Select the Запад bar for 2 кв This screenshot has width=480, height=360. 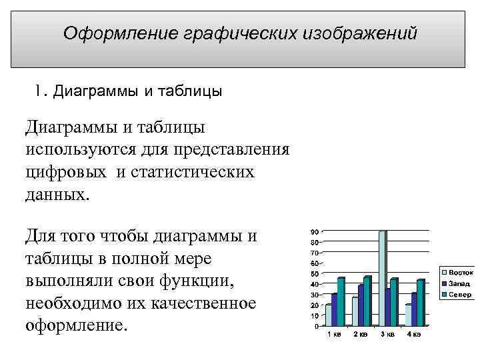coord(361,305)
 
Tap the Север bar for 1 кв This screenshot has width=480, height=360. coord(341,301)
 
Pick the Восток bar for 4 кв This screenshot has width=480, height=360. coord(409,315)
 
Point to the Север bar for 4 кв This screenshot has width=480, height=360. coord(421,303)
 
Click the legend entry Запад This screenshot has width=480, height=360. coord(459,283)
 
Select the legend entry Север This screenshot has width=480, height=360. coord(459,294)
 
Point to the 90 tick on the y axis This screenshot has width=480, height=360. coord(313,231)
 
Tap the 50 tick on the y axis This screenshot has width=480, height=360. coord(313,274)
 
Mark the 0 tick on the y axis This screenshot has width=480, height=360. coord(315,327)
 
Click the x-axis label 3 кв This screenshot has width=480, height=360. coord(387,334)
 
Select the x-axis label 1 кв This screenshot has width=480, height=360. coord(333,334)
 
